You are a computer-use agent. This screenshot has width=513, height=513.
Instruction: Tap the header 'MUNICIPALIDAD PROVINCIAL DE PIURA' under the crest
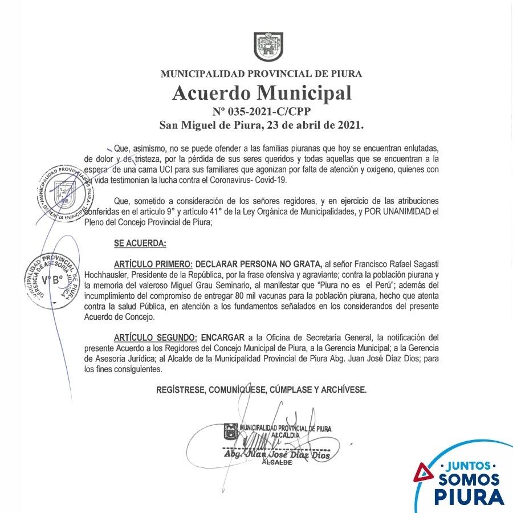(x=261, y=74)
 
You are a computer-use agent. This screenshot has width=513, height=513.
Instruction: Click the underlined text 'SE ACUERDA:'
(x=140, y=243)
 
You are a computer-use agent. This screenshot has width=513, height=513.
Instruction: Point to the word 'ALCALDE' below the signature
(x=276, y=463)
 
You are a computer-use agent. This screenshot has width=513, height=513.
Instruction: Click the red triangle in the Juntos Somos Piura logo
(x=423, y=473)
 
